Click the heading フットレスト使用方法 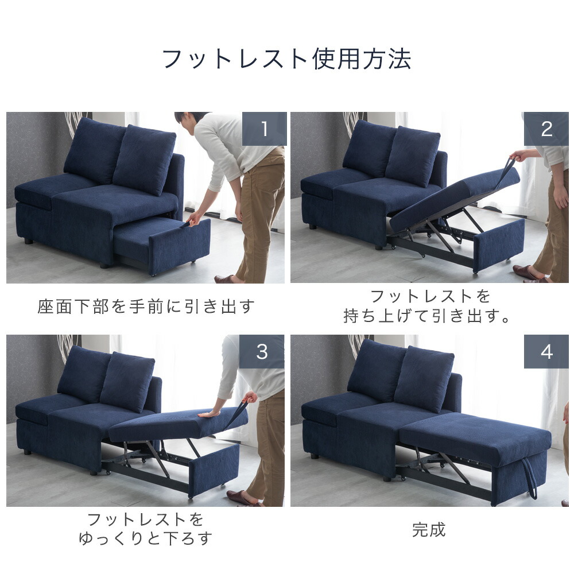point(286,59)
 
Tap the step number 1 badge point(264,129)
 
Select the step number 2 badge point(546,129)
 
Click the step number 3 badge point(262,351)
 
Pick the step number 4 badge point(546,351)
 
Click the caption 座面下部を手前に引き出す point(146,306)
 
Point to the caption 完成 point(429,529)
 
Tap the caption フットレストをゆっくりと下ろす point(146,529)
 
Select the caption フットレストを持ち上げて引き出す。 point(429,306)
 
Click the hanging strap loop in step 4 point(531,479)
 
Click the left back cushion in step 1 point(94,150)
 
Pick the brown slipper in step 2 point(526,272)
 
